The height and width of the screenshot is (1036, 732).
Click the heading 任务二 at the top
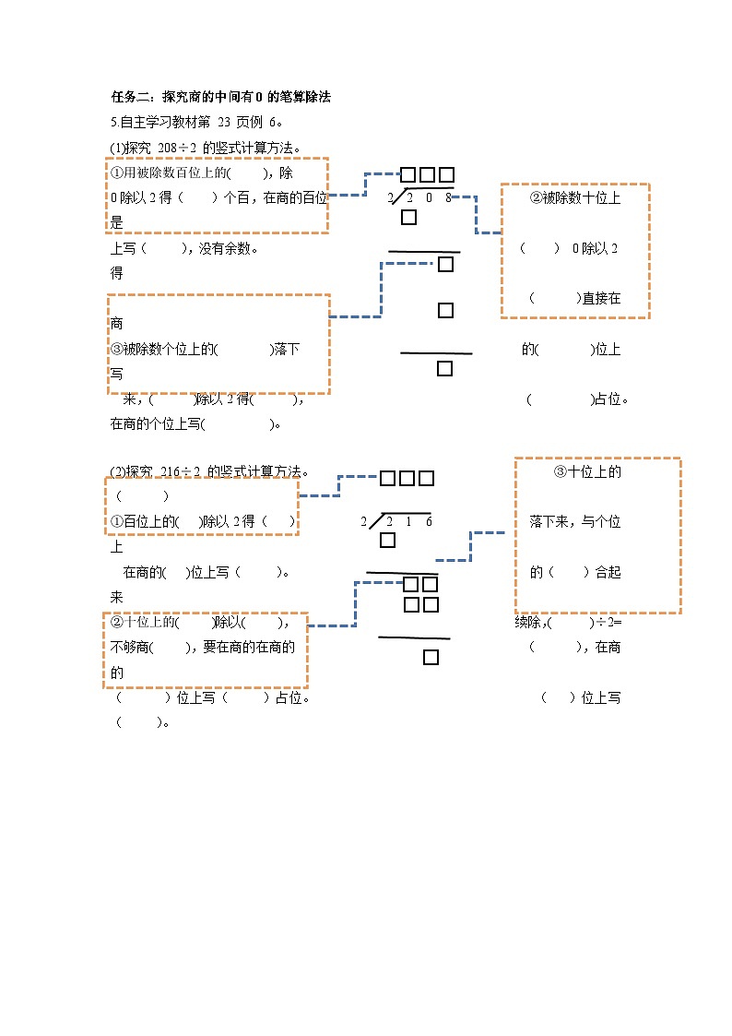click(134, 96)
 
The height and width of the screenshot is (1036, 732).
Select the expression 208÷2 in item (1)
click(179, 147)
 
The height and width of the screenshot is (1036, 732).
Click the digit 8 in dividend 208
click(448, 197)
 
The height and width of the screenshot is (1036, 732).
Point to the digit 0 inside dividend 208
click(430, 197)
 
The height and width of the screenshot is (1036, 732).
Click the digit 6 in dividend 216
click(429, 522)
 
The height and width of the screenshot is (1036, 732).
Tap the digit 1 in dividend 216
click(409, 522)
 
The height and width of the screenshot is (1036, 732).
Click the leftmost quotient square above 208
click(408, 175)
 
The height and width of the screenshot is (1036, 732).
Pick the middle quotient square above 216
click(407, 478)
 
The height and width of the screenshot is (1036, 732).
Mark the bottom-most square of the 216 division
click(431, 657)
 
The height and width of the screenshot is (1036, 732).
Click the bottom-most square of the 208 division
click(444, 369)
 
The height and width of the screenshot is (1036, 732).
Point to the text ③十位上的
click(587, 471)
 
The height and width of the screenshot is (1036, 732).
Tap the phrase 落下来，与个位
click(575, 522)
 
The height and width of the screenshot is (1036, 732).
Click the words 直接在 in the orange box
click(601, 298)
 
